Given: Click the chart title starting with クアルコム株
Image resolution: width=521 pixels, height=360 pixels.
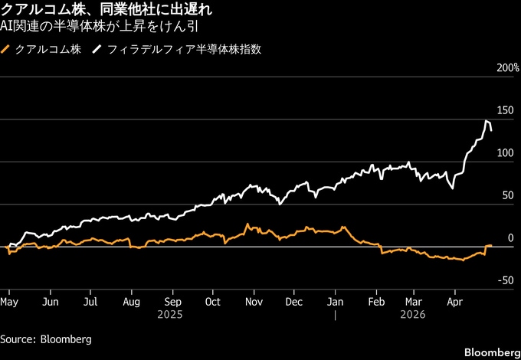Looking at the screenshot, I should (106, 11).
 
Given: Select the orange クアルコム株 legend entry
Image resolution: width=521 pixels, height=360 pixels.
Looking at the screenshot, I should (42, 50).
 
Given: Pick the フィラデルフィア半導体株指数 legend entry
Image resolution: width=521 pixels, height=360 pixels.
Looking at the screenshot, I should (185, 50).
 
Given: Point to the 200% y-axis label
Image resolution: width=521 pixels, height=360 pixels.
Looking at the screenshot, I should (507, 68).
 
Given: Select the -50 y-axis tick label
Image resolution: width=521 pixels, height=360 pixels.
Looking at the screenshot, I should (505, 281).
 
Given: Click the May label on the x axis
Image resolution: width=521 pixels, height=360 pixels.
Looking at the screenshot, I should (9, 303).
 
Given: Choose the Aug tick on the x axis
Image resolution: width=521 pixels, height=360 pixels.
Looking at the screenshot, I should (131, 303).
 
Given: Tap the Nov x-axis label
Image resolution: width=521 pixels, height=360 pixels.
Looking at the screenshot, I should (254, 303).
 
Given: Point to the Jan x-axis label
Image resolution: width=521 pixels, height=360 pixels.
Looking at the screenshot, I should (336, 303).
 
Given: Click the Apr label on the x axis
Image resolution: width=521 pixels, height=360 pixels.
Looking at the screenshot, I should (455, 303).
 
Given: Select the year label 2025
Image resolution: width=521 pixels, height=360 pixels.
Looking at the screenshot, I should (172, 315).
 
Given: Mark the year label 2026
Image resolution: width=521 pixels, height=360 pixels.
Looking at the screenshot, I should (416, 315).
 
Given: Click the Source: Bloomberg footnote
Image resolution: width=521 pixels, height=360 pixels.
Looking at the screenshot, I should (46, 339).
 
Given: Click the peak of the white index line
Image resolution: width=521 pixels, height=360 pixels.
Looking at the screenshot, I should (486, 120).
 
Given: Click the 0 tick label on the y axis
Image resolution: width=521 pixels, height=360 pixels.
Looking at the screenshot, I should (510, 238).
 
